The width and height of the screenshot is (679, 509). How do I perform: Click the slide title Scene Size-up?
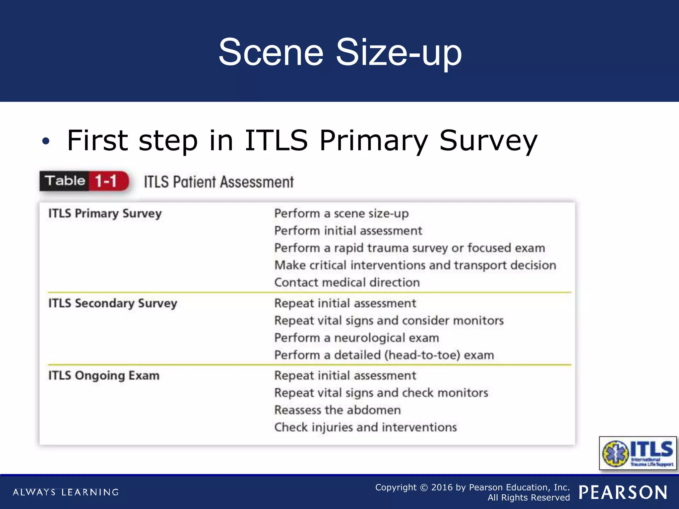340,52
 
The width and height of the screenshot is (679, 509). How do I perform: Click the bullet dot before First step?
46,141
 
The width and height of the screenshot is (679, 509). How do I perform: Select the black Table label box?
65,181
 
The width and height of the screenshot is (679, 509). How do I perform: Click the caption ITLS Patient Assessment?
219,182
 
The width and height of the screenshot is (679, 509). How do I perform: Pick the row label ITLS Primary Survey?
105,214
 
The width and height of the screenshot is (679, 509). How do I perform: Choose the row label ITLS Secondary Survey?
113,304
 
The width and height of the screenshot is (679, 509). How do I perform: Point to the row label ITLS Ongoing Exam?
104,376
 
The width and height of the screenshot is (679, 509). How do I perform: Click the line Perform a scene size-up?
341,214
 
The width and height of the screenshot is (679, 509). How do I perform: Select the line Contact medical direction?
347,283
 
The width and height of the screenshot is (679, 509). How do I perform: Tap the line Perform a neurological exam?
357,338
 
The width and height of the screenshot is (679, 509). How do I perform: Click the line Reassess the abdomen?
338,410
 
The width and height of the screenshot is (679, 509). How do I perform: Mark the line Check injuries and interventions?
365,427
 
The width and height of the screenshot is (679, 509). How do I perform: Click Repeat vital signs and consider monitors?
389,321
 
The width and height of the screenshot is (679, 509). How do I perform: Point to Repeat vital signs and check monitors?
381,393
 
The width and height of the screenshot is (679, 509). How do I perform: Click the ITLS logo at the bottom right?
638,453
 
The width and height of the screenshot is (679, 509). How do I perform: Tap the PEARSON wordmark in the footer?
623,492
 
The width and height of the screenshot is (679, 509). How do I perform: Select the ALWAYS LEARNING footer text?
66,492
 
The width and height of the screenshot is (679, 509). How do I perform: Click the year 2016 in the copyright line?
442,487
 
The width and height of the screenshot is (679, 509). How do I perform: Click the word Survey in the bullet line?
488,141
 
